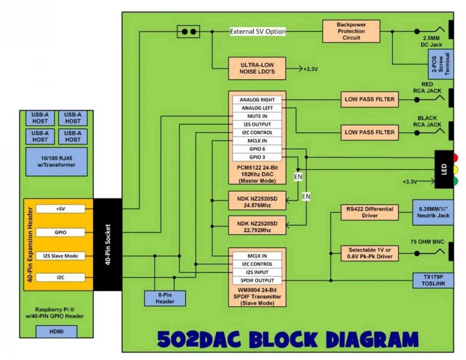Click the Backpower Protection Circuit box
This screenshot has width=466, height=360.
point(351,31)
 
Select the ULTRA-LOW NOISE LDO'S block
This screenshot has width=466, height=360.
point(257,68)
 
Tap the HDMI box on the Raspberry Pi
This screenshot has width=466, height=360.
point(56,331)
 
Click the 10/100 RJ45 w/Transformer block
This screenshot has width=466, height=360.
point(56,161)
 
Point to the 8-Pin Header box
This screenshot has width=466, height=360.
point(165,298)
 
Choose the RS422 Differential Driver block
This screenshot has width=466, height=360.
point(369,212)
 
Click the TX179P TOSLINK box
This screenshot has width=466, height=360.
point(433,280)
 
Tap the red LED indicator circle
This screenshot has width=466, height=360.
point(455,158)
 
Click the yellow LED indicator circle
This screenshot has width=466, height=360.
point(455,170)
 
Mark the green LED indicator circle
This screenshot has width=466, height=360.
point(455,181)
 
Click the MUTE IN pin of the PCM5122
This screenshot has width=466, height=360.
point(257,116)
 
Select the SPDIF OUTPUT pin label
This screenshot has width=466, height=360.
point(257,280)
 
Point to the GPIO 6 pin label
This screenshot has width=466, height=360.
point(257,149)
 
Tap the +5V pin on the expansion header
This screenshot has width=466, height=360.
point(61,209)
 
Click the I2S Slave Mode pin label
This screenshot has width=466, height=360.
point(61,256)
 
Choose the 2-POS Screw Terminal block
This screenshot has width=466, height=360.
point(440,64)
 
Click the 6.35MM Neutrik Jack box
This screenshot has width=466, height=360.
point(433,212)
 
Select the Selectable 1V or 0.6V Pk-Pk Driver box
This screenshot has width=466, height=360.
point(369,253)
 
